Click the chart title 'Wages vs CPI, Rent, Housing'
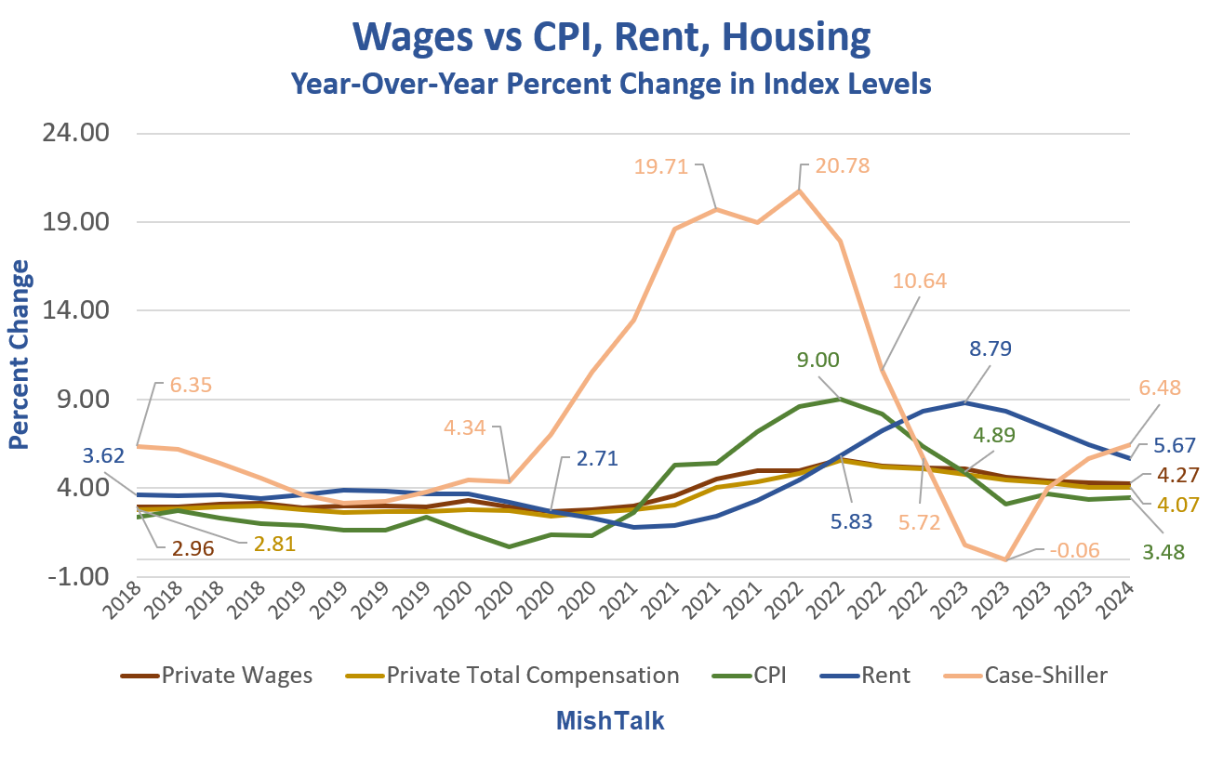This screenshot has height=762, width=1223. point(612,39)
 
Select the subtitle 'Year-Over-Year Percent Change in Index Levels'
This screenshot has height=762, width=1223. point(611,84)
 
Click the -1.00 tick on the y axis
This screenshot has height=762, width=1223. point(82,577)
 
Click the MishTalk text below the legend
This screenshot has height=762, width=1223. point(611,721)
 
